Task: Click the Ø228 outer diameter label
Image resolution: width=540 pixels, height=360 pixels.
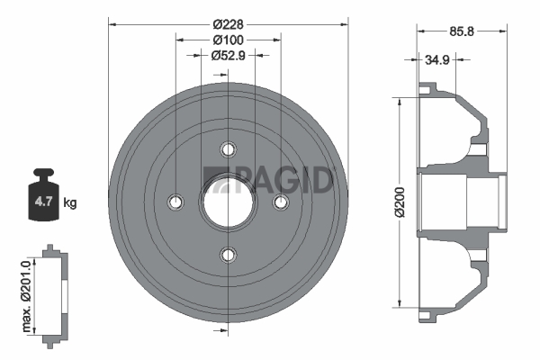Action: [228, 24]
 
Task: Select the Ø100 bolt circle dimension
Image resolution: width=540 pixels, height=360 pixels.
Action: [228, 40]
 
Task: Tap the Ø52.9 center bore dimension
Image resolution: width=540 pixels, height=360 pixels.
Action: [228, 55]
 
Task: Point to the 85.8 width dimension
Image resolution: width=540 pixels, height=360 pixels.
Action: [462, 31]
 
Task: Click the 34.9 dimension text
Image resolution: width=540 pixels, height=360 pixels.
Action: [437, 60]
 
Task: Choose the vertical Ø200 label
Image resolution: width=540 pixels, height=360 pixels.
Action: [400, 202]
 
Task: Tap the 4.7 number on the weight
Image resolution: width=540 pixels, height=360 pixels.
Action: [43, 202]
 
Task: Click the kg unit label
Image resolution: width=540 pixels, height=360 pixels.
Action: [70, 202]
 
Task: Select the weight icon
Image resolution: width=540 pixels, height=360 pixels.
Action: [43, 194]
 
